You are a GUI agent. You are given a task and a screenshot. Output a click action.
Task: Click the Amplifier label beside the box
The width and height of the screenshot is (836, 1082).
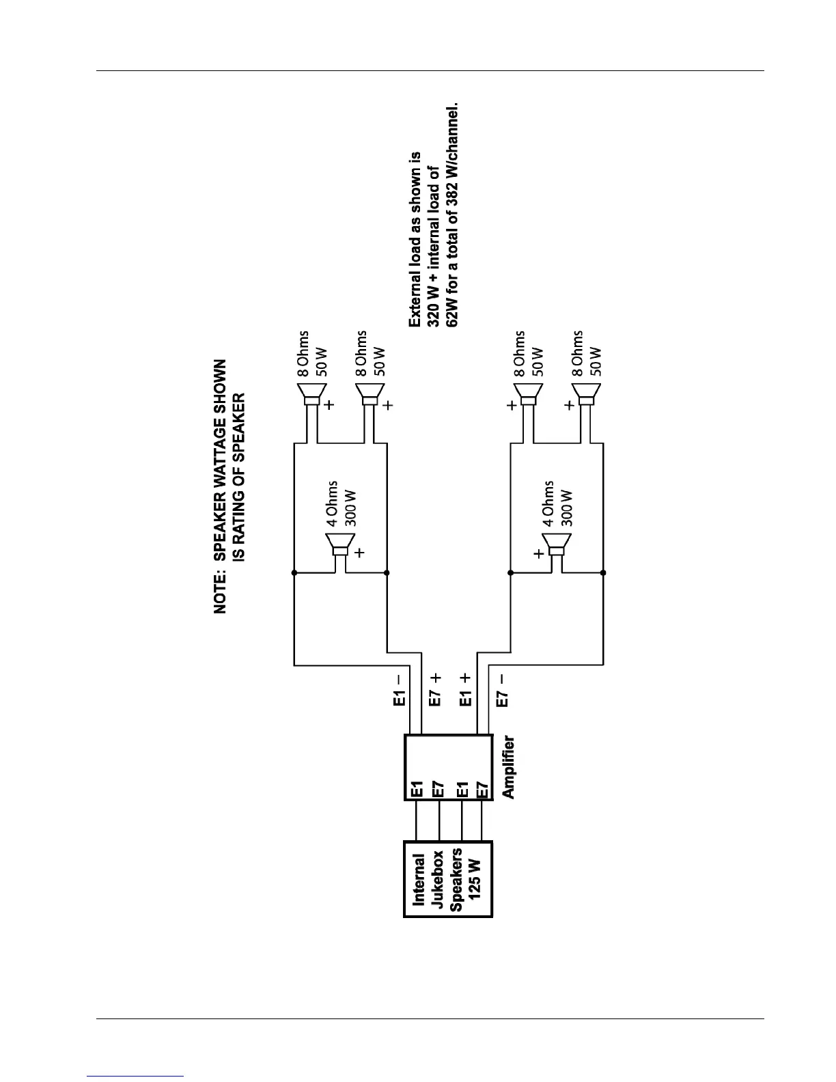coord(508,767)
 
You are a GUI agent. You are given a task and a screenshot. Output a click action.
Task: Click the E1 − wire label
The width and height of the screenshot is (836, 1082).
coord(401,690)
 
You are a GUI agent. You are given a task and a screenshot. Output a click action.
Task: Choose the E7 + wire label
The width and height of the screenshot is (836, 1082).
coord(435,690)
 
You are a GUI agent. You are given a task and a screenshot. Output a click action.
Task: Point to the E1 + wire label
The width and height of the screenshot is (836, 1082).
coord(466,690)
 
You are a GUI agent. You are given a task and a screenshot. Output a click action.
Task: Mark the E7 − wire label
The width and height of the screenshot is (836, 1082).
coord(502,690)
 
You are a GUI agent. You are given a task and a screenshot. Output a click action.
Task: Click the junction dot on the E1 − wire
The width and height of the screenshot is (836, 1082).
coord(294,573)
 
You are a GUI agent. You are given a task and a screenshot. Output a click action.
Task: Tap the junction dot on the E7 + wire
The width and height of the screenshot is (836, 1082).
coord(387,573)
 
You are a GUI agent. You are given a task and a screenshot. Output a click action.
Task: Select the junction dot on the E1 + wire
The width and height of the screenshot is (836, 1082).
coord(510,573)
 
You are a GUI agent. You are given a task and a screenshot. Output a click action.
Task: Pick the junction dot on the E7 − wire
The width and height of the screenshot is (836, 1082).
coord(603,573)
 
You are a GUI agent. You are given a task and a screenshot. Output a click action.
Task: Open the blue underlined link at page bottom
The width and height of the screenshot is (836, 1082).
coord(136,1076)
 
